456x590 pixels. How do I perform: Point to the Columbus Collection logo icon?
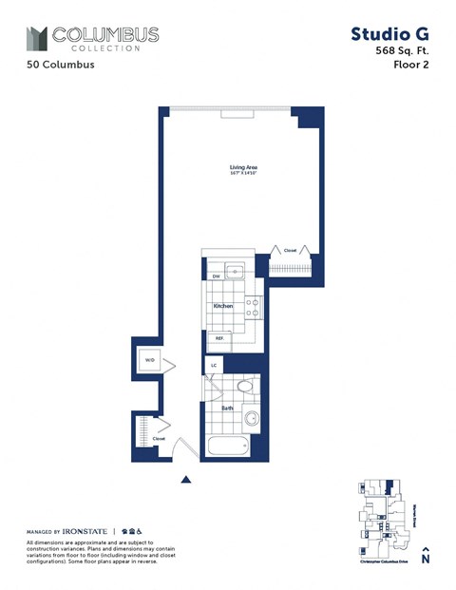click(36, 39)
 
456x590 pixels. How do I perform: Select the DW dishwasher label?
click(216, 276)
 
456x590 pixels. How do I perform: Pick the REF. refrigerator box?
click(218, 337)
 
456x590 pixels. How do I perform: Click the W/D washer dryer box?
click(149, 361)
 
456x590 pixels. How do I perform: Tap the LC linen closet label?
click(213, 365)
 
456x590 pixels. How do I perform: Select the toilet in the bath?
click(246, 387)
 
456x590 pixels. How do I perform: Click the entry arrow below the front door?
click(187, 480)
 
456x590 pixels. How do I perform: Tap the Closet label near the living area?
click(290, 250)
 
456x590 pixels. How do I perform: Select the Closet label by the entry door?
click(159, 438)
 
